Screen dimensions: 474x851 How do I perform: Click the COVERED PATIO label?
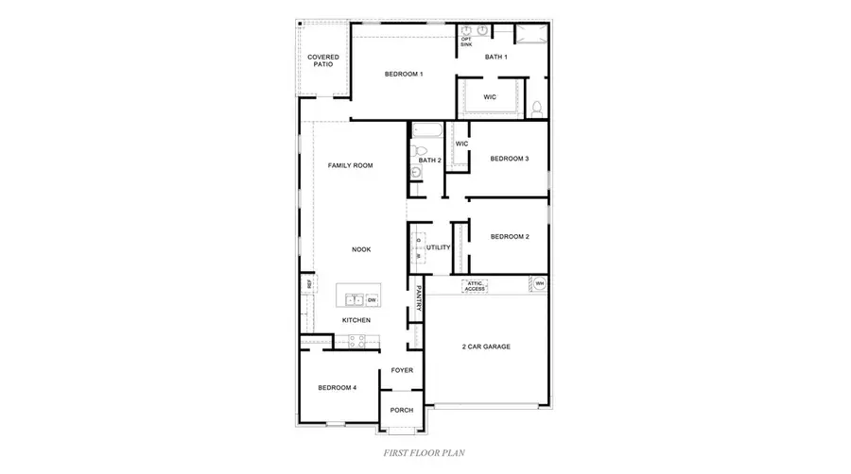pos(323,61)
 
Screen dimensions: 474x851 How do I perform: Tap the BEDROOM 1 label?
pos(403,74)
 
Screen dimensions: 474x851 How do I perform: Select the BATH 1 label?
pos(496,58)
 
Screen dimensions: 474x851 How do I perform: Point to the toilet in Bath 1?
pos(536,109)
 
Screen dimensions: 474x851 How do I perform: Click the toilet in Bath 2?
pos(422,149)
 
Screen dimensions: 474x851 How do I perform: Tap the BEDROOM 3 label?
pos(509,159)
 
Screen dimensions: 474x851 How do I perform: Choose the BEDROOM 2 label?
pos(509,237)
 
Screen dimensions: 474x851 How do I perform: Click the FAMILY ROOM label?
pos(350,165)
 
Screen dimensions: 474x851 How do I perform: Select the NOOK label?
pos(361,249)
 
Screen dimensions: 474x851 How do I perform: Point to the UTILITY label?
pos(438,247)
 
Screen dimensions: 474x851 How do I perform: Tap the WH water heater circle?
pos(540,283)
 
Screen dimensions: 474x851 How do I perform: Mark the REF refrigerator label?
pos(308,283)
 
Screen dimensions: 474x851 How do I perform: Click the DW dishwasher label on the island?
pos(372,300)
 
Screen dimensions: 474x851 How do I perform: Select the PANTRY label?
pos(417,299)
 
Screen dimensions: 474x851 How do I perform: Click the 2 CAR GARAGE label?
pos(486,347)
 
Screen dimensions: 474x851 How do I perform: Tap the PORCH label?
pos(402,410)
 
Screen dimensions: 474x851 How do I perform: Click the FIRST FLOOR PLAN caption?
pos(425,453)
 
